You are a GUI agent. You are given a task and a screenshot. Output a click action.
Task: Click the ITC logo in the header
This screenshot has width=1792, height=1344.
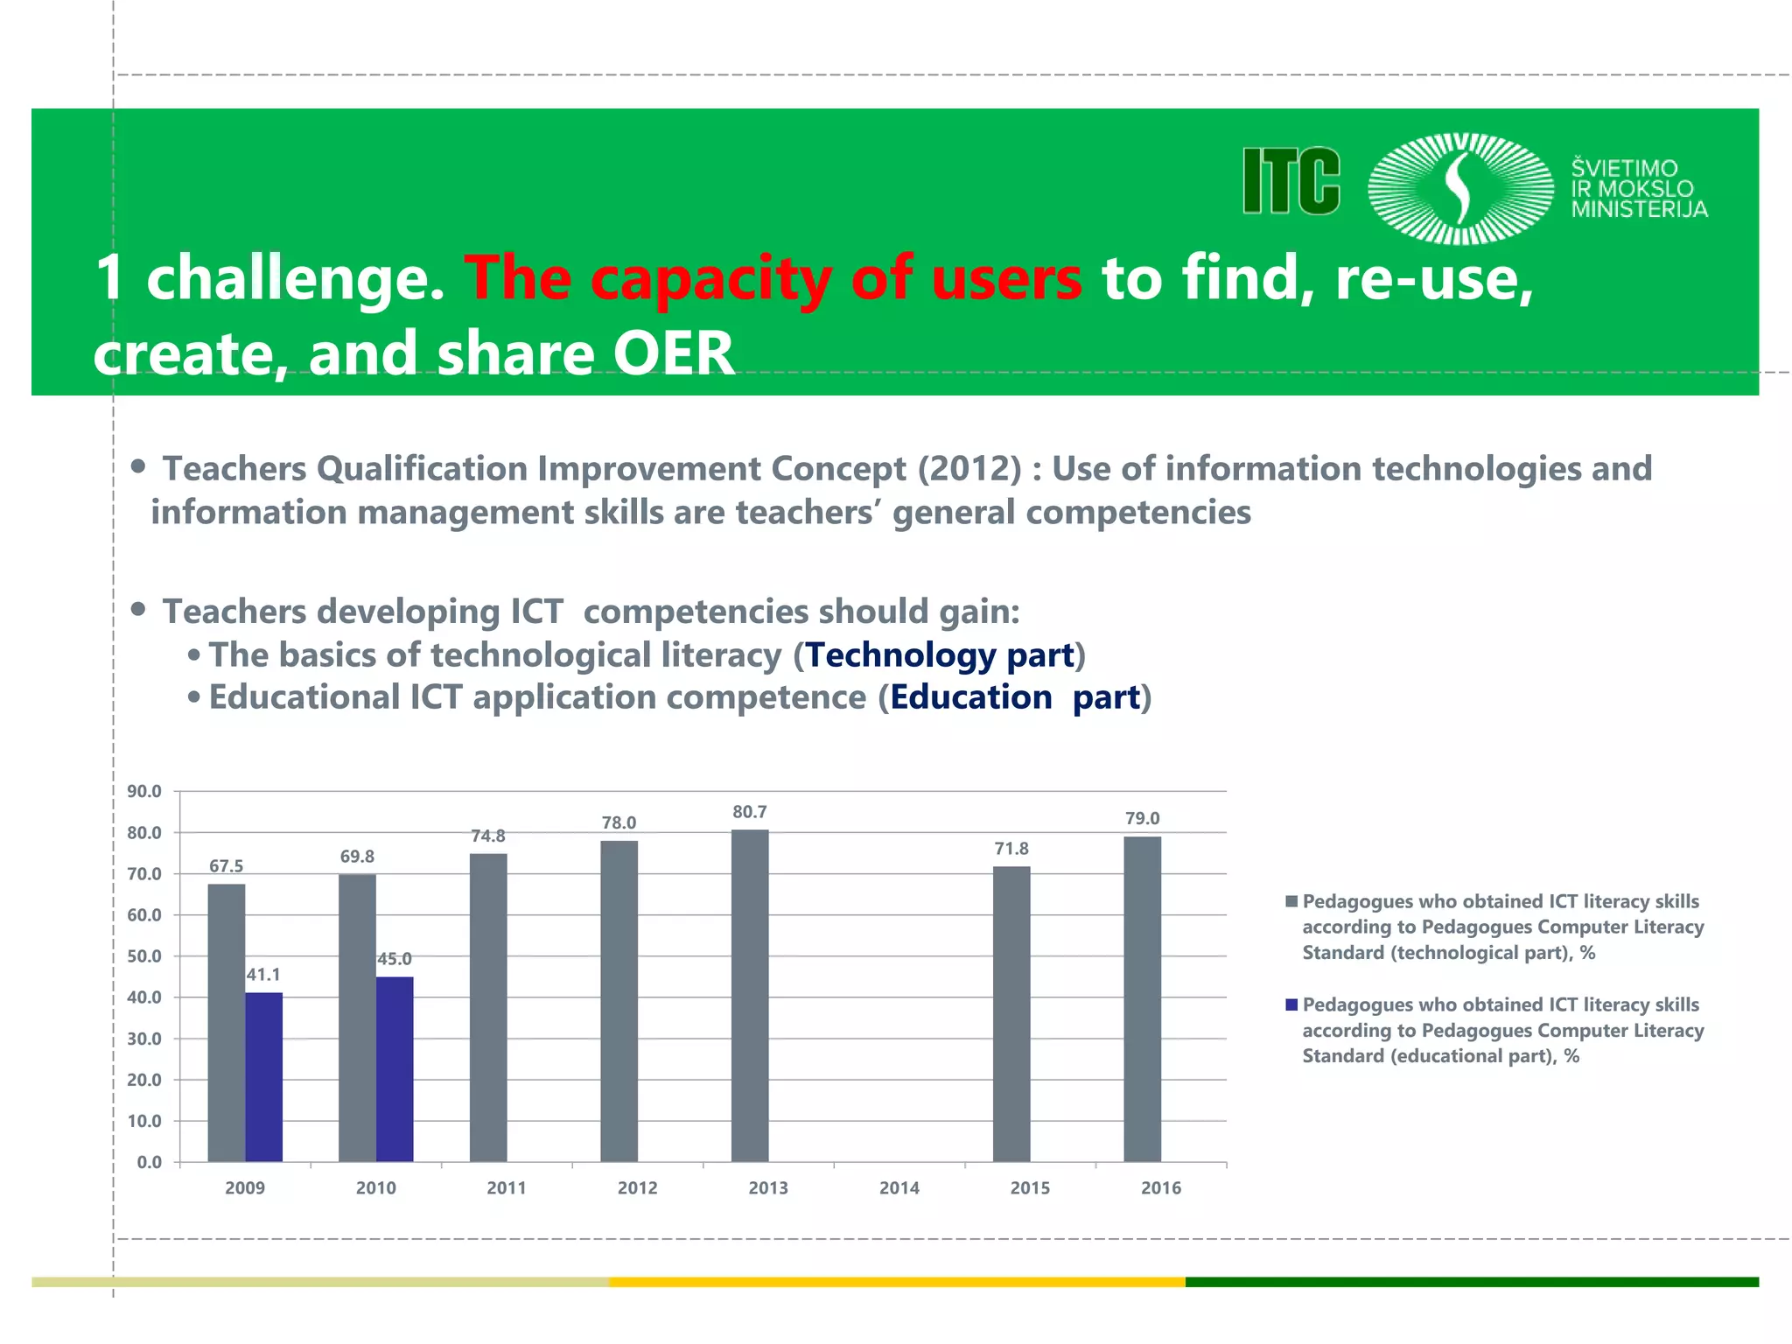(1291, 181)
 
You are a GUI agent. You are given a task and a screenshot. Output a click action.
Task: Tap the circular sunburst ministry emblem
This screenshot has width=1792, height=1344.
(1460, 188)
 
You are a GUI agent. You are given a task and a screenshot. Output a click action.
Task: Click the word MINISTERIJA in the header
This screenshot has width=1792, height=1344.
(1639, 209)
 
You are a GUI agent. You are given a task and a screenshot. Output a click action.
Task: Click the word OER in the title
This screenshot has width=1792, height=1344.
(673, 354)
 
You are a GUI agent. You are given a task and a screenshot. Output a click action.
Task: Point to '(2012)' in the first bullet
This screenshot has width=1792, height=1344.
(969, 469)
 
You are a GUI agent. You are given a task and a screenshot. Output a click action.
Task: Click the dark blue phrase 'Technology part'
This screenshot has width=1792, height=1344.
(939, 655)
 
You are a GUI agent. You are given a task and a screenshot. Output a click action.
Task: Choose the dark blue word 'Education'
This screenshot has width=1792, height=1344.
(971, 697)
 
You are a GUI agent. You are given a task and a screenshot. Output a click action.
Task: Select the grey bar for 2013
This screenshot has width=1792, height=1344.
(750, 996)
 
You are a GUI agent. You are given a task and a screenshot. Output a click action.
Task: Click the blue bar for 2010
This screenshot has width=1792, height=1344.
(395, 1069)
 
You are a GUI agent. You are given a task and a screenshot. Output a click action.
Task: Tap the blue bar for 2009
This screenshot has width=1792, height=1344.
(263, 1077)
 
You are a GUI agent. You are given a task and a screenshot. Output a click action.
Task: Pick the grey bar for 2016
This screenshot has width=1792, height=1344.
(1142, 999)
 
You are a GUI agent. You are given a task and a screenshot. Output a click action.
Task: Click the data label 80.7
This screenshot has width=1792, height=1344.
(750, 812)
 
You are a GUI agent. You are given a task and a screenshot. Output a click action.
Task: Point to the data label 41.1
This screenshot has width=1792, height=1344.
(263, 975)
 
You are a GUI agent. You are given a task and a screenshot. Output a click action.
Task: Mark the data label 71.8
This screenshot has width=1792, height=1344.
(1011, 849)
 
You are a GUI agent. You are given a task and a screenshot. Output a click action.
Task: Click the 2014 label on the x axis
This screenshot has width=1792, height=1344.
(899, 1188)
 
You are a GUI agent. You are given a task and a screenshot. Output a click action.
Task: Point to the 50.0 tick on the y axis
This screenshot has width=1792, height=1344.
(144, 956)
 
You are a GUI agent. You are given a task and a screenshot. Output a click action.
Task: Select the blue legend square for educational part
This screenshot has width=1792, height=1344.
(1291, 1004)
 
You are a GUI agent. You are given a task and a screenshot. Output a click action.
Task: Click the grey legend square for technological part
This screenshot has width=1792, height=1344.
(1291, 901)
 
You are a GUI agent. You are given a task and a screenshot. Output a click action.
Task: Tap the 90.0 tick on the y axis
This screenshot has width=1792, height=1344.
(144, 792)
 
